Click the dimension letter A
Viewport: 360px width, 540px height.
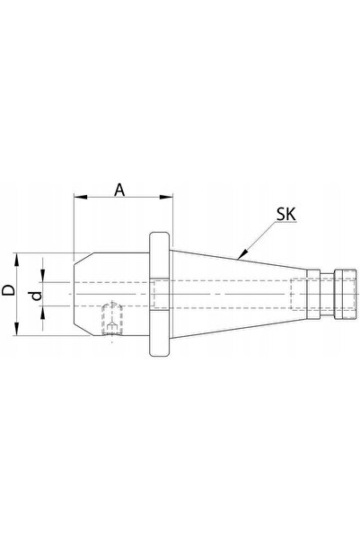coord(119,190)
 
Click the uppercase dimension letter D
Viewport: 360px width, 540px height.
coord(9,290)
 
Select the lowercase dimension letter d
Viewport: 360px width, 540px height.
coord(37,296)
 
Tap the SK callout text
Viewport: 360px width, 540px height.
coord(286,215)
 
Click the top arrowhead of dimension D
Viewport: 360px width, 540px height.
coord(16,260)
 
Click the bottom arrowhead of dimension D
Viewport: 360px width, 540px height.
coord(16,329)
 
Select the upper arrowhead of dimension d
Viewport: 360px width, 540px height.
coord(42,276)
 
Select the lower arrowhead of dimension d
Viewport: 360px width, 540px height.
coord(42,313)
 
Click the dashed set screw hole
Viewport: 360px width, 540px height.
coord(112,319)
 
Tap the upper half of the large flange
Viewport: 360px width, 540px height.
coord(159,255)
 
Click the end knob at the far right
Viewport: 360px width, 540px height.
coord(345,294)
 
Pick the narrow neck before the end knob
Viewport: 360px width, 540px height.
coord(327,294)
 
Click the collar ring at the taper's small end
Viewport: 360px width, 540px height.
coord(313,294)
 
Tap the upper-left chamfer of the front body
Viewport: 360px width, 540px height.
coord(83,259)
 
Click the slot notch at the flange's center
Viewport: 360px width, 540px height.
coord(159,294)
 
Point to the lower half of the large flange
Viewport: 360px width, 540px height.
coord(159,333)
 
